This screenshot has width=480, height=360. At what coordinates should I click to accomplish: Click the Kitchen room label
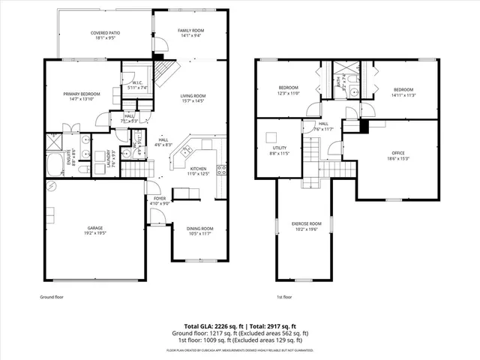coord(198,171)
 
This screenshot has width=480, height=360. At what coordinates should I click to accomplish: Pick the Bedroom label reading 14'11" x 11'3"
coord(403,91)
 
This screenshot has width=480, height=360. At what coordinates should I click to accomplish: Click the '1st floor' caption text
coord(283,298)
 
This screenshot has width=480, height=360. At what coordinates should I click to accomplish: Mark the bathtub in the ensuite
coord(56,165)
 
